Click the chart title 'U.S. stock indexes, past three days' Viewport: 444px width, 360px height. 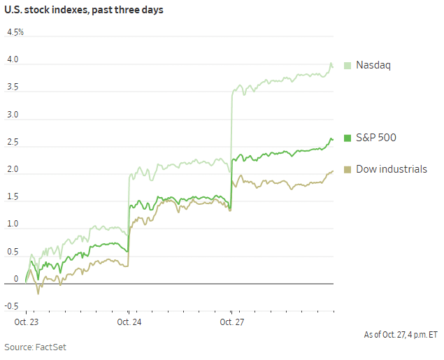click(84, 11)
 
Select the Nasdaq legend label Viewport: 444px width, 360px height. click(373, 65)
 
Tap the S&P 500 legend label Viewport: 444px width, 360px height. click(375, 138)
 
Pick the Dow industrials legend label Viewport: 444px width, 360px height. click(391, 169)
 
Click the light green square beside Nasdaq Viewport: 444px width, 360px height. click(348, 65)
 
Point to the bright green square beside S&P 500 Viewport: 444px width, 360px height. click(348, 138)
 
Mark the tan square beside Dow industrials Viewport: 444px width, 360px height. click(348, 169)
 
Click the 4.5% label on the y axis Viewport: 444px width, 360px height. click(15, 33)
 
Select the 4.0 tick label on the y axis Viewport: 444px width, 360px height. click(13, 60)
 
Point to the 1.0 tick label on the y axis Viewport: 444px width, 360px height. click(13, 224)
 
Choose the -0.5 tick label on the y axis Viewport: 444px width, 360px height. click(12, 306)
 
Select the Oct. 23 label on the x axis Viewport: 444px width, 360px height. click(27, 322)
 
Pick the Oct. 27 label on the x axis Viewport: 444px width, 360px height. click(232, 322)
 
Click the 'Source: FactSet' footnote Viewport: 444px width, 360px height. click(36, 347)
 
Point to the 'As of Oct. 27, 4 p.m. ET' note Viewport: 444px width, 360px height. click(401, 335)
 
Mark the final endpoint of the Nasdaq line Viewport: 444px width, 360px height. click(333, 67)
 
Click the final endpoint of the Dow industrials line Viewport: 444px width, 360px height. click(333, 171)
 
